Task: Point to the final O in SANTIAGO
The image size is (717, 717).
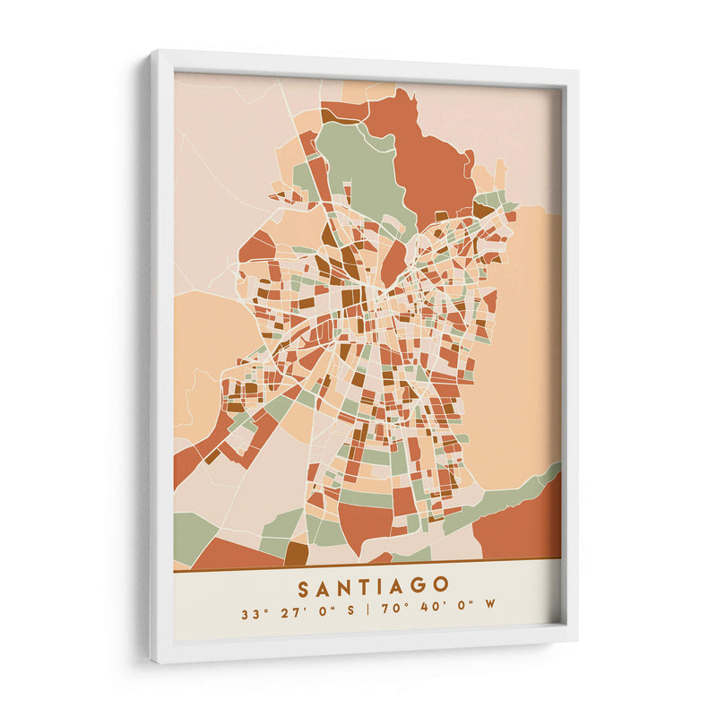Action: pyautogui.click(x=441, y=585)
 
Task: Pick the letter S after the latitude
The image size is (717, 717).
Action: pyautogui.click(x=350, y=614)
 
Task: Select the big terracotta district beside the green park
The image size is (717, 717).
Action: pyautogui.click(x=430, y=161)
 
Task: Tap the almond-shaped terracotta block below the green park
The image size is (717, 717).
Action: pyautogui.click(x=393, y=262)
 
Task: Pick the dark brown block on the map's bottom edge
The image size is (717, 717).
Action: pyautogui.click(x=296, y=553)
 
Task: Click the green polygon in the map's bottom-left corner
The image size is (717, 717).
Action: pyautogui.click(x=191, y=534)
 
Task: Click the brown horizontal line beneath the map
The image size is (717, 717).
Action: pyautogui.click(x=367, y=565)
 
